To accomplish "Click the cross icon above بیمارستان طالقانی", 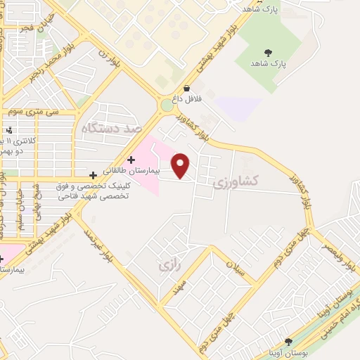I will pyautogui.click(x=131, y=160).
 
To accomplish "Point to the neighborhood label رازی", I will pyautogui.click(x=165, y=266).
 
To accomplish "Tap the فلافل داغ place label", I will pyautogui.click(x=188, y=99).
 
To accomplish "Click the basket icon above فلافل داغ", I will pyautogui.click(x=187, y=88).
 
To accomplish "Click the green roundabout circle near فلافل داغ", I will pyautogui.click(x=167, y=105).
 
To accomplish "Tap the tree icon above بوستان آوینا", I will pyautogui.click(x=288, y=341).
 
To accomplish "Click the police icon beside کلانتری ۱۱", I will pyautogui.click(x=9, y=129).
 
